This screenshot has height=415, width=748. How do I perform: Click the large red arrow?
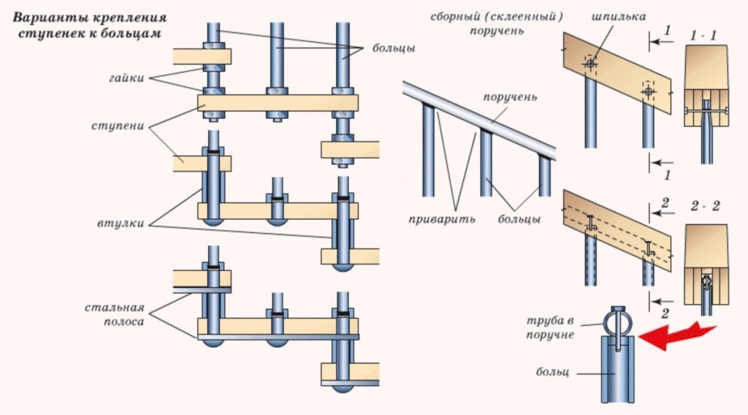(676, 334)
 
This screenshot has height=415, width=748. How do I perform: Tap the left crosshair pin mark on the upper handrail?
(589, 64)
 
